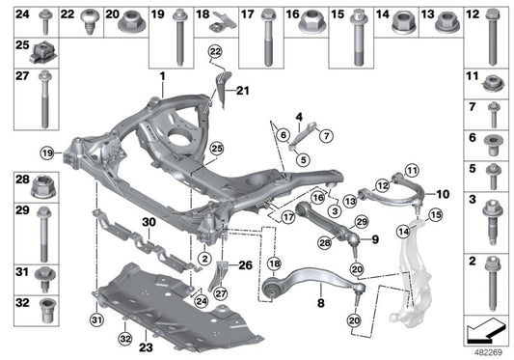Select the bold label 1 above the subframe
click(163, 74)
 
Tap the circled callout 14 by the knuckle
click(404, 231)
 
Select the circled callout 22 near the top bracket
click(214, 50)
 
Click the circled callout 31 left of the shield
click(96, 320)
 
